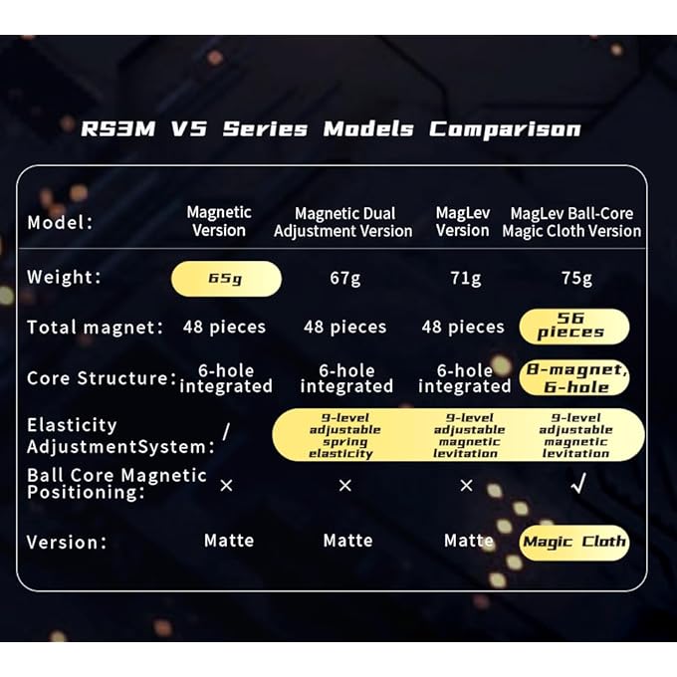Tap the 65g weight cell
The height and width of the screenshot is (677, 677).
[x=226, y=279]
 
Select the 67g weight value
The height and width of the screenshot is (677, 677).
[x=344, y=279]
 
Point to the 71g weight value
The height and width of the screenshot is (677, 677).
[x=464, y=279]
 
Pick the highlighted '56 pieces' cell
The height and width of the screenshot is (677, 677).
[x=573, y=327]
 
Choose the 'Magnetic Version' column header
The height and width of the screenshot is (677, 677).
[x=219, y=221]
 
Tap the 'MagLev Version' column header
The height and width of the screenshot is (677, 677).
[x=463, y=221]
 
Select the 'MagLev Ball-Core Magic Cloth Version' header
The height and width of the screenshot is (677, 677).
[x=571, y=222]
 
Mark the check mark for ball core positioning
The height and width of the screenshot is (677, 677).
[x=575, y=486]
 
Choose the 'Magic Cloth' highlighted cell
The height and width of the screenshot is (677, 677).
[x=574, y=543]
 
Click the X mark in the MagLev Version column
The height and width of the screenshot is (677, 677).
[x=465, y=486]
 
